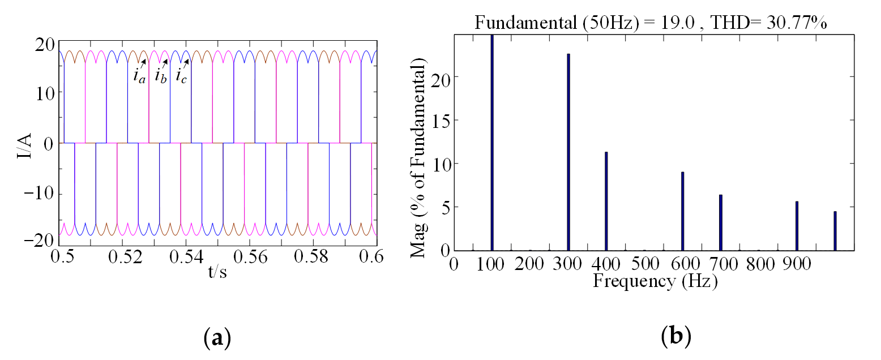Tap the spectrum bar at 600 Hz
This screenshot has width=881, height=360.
click(x=682, y=211)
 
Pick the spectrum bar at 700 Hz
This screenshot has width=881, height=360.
click(x=720, y=222)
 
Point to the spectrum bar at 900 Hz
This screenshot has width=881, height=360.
click(x=797, y=226)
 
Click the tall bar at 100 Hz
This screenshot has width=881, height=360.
click(x=492, y=142)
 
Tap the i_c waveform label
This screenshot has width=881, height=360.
click(x=182, y=76)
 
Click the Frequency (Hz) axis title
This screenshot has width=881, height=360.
click(x=655, y=281)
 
